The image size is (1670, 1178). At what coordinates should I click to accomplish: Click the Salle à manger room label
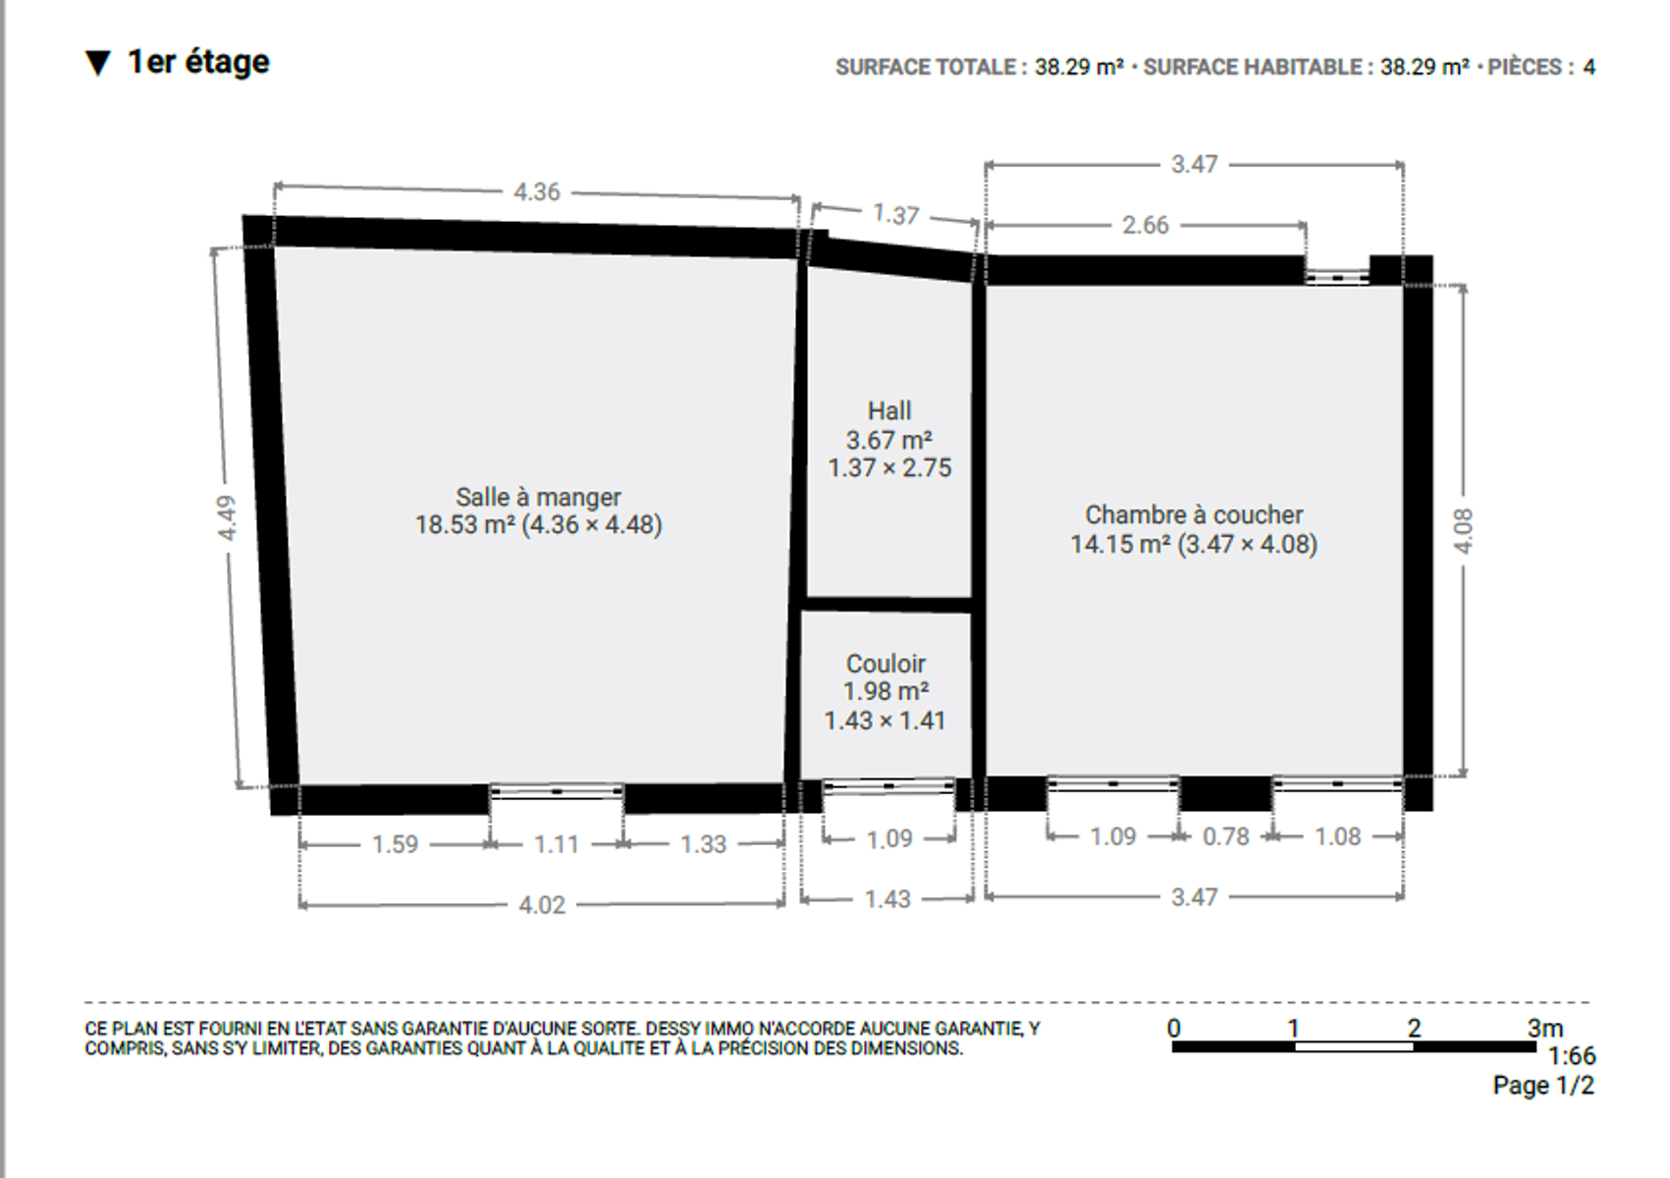coord(538,497)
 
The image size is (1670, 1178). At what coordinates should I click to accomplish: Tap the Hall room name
coord(889,410)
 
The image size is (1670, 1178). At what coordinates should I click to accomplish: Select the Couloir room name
coord(886,664)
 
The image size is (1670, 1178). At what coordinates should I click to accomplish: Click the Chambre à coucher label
coord(1194,514)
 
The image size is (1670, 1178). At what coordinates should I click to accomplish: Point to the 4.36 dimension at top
coord(537,192)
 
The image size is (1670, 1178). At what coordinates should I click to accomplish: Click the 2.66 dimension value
coord(1146,225)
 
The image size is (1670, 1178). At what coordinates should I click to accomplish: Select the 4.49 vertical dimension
coord(227,517)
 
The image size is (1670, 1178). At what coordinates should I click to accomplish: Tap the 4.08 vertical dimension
coord(1464,531)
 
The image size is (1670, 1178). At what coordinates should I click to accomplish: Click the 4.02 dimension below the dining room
coord(542,905)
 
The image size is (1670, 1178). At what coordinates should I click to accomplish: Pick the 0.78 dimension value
coord(1225,836)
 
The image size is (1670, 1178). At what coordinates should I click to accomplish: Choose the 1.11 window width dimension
coord(556,845)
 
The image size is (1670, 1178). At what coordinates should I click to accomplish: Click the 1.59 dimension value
coord(395,845)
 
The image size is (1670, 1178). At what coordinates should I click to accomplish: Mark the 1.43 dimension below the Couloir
coord(888,899)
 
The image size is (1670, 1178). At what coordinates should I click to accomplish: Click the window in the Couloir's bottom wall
coord(889,786)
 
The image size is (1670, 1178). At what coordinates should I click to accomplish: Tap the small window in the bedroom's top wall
coord(1337,278)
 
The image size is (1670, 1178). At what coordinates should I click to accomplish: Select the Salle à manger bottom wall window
coord(556,791)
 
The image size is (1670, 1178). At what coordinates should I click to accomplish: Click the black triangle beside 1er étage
coord(98,64)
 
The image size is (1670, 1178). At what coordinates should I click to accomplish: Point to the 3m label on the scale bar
coord(1545,1028)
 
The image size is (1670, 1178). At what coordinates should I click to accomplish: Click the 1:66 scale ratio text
coord(1572,1055)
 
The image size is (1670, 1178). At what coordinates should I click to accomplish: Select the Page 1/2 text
coord(1543,1086)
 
